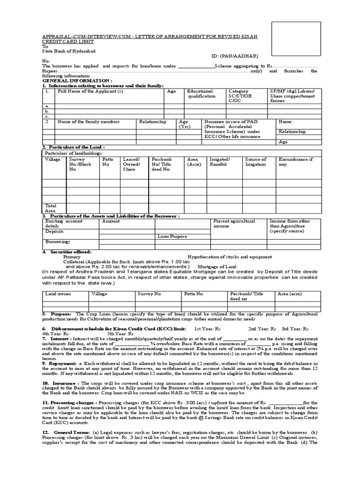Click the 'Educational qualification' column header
200,94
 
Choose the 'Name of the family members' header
89,121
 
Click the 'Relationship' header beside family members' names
152,121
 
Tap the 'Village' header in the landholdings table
52,159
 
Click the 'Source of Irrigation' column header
255,162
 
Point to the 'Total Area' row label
51,208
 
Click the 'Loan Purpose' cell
172,237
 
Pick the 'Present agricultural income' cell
234,223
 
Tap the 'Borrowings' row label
58,241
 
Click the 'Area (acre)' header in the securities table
289,293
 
